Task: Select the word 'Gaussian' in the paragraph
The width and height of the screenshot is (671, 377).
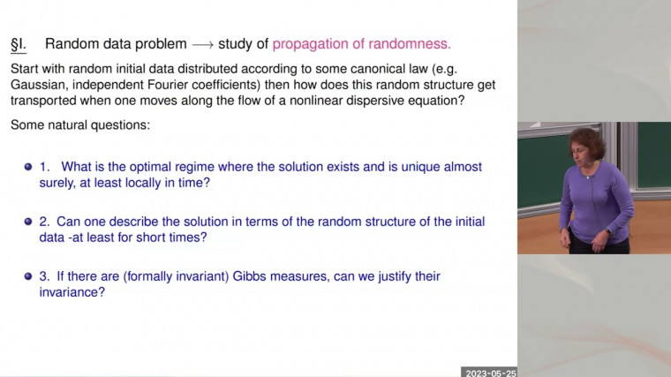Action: click(x=40, y=84)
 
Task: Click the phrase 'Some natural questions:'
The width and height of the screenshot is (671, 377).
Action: click(x=80, y=125)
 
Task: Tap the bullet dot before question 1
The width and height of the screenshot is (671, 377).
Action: click(x=29, y=167)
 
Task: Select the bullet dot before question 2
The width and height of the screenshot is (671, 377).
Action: click(x=29, y=222)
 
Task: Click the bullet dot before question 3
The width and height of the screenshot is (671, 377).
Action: click(x=29, y=276)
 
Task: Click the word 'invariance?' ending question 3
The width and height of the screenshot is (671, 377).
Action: click(x=70, y=292)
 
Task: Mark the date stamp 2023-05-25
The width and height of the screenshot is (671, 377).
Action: click(x=489, y=372)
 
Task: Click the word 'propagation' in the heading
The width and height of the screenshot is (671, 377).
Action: click(x=310, y=43)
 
